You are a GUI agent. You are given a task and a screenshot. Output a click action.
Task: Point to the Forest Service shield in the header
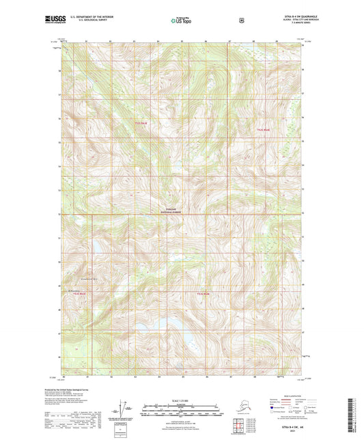pyautogui.click(x=241, y=20)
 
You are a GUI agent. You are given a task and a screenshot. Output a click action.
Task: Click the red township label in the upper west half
pyautogui.click(x=141, y=124)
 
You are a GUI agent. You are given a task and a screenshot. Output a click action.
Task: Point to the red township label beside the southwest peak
pyautogui.click(x=80, y=294)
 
